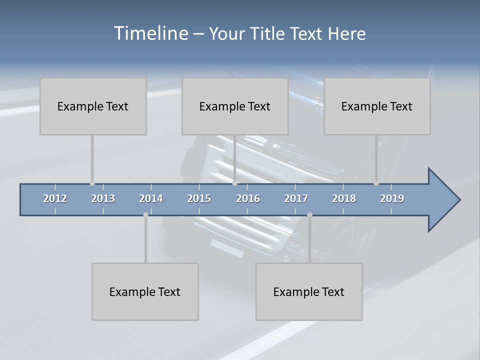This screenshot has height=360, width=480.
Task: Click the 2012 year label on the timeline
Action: [55, 198]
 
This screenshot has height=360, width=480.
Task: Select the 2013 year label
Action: [103, 198]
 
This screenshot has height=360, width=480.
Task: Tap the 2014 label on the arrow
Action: [151, 198]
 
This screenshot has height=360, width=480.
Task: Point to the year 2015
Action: [199, 198]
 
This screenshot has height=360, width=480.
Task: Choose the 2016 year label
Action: [248, 198]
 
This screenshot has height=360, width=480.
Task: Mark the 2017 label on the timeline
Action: [296, 198]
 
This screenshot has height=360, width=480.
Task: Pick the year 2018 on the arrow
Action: [344, 198]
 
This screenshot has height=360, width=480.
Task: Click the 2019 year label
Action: [392, 198]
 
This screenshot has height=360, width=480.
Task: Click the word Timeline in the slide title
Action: [150, 33]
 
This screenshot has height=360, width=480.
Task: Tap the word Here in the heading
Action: [347, 34]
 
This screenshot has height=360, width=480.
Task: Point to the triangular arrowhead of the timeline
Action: [443, 200]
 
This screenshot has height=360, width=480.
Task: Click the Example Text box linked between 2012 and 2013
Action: [93, 106]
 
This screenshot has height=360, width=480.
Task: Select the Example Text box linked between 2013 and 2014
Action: [145, 291]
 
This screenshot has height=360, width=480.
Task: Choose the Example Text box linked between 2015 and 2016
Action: [235, 106]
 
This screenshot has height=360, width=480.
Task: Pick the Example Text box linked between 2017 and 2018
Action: [309, 291]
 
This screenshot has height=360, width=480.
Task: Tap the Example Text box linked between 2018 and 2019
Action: [377, 106]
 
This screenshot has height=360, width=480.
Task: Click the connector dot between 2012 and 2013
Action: [92, 183]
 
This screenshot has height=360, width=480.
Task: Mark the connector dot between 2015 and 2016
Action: [234, 183]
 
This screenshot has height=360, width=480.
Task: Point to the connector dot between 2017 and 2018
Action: [309, 215]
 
